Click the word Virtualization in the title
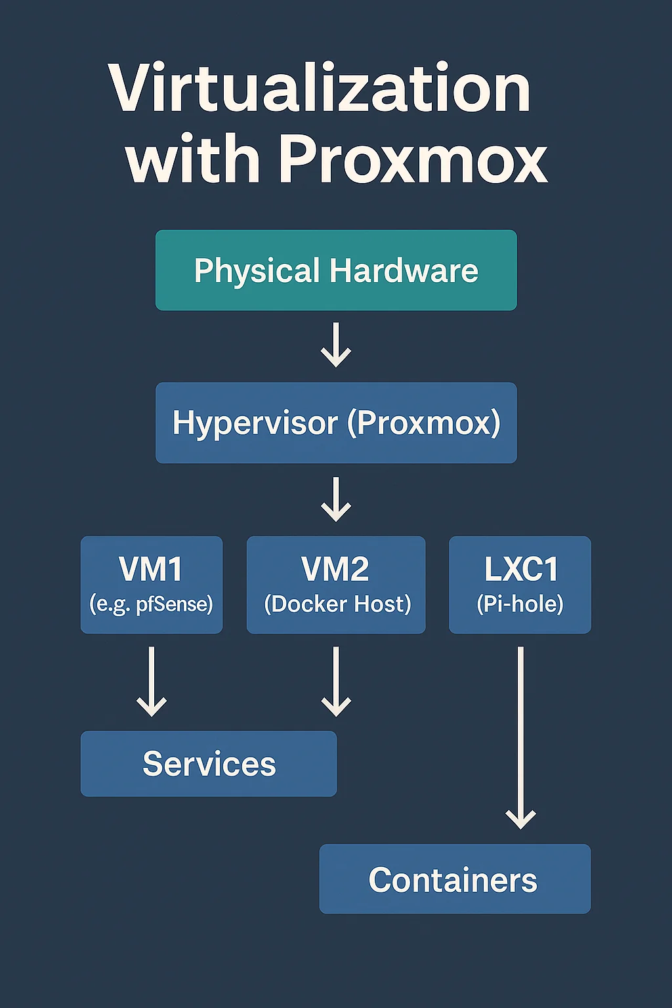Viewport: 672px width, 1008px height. pos(320,89)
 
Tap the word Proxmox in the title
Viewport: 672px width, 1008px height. pos(413,159)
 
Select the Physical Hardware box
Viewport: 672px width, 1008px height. pos(336,270)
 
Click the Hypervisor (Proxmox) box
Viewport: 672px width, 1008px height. pos(336,423)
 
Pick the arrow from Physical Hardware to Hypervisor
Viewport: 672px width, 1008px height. pos(336,345)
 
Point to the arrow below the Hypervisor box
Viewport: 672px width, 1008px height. pos(336,499)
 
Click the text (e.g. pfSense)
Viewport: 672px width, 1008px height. pos(152,604)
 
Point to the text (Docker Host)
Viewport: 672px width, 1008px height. pos(337,604)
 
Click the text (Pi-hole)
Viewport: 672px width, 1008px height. pos(520,604)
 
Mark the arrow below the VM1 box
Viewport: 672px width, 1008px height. pos(152,682)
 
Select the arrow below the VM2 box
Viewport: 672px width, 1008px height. pos(336,682)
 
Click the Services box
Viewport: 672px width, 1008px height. pos(209,764)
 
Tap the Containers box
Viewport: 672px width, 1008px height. pos(454,879)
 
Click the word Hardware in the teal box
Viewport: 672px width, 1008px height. pos(404,270)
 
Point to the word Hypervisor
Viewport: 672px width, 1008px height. pos(255,423)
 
